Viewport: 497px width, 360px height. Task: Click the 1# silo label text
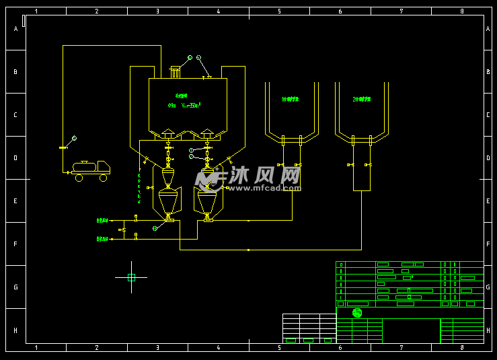click(290, 100)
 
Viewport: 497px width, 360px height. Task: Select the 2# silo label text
click(362, 100)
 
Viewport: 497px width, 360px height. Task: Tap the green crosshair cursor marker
click(131, 277)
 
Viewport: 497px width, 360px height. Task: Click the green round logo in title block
click(357, 312)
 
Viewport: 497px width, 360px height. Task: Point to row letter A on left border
click(15, 29)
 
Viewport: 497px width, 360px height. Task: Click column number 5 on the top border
click(279, 11)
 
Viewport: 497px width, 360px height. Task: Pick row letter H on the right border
click(488, 330)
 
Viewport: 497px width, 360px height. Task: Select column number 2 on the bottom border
click(96, 348)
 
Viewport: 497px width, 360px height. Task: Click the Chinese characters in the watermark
click(262, 176)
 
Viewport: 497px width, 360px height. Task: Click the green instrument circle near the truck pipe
click(74, 138)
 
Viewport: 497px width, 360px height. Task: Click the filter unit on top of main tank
click(176, 71)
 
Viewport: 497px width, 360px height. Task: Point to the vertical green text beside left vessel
click(139, 188)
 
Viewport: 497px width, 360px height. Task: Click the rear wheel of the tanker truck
click(79, 178)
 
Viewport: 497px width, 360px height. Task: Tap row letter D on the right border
click(488, 158)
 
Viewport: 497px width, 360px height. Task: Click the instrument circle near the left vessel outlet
click(155, 229)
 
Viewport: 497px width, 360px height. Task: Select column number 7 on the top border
click(401, 11)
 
